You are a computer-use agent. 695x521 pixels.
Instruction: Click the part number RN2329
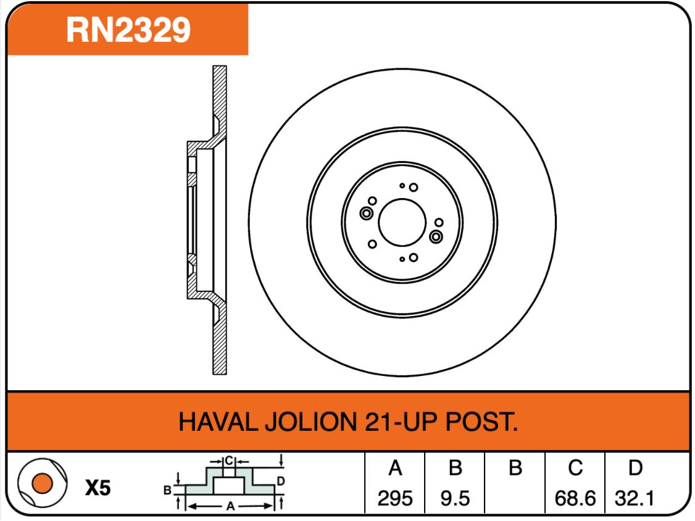128,30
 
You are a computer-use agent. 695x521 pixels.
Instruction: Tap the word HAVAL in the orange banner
218,422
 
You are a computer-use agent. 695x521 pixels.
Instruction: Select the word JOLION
310,422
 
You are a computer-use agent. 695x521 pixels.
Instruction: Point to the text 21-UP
401,422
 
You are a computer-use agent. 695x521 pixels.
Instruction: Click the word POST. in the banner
481,422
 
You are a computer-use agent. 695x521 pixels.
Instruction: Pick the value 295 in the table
395,498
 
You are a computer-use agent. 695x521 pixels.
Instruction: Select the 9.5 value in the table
456,498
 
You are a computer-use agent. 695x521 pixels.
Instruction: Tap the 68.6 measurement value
575,498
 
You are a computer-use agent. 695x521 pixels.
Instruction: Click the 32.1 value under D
635,498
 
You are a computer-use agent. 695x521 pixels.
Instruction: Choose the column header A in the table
395,468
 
